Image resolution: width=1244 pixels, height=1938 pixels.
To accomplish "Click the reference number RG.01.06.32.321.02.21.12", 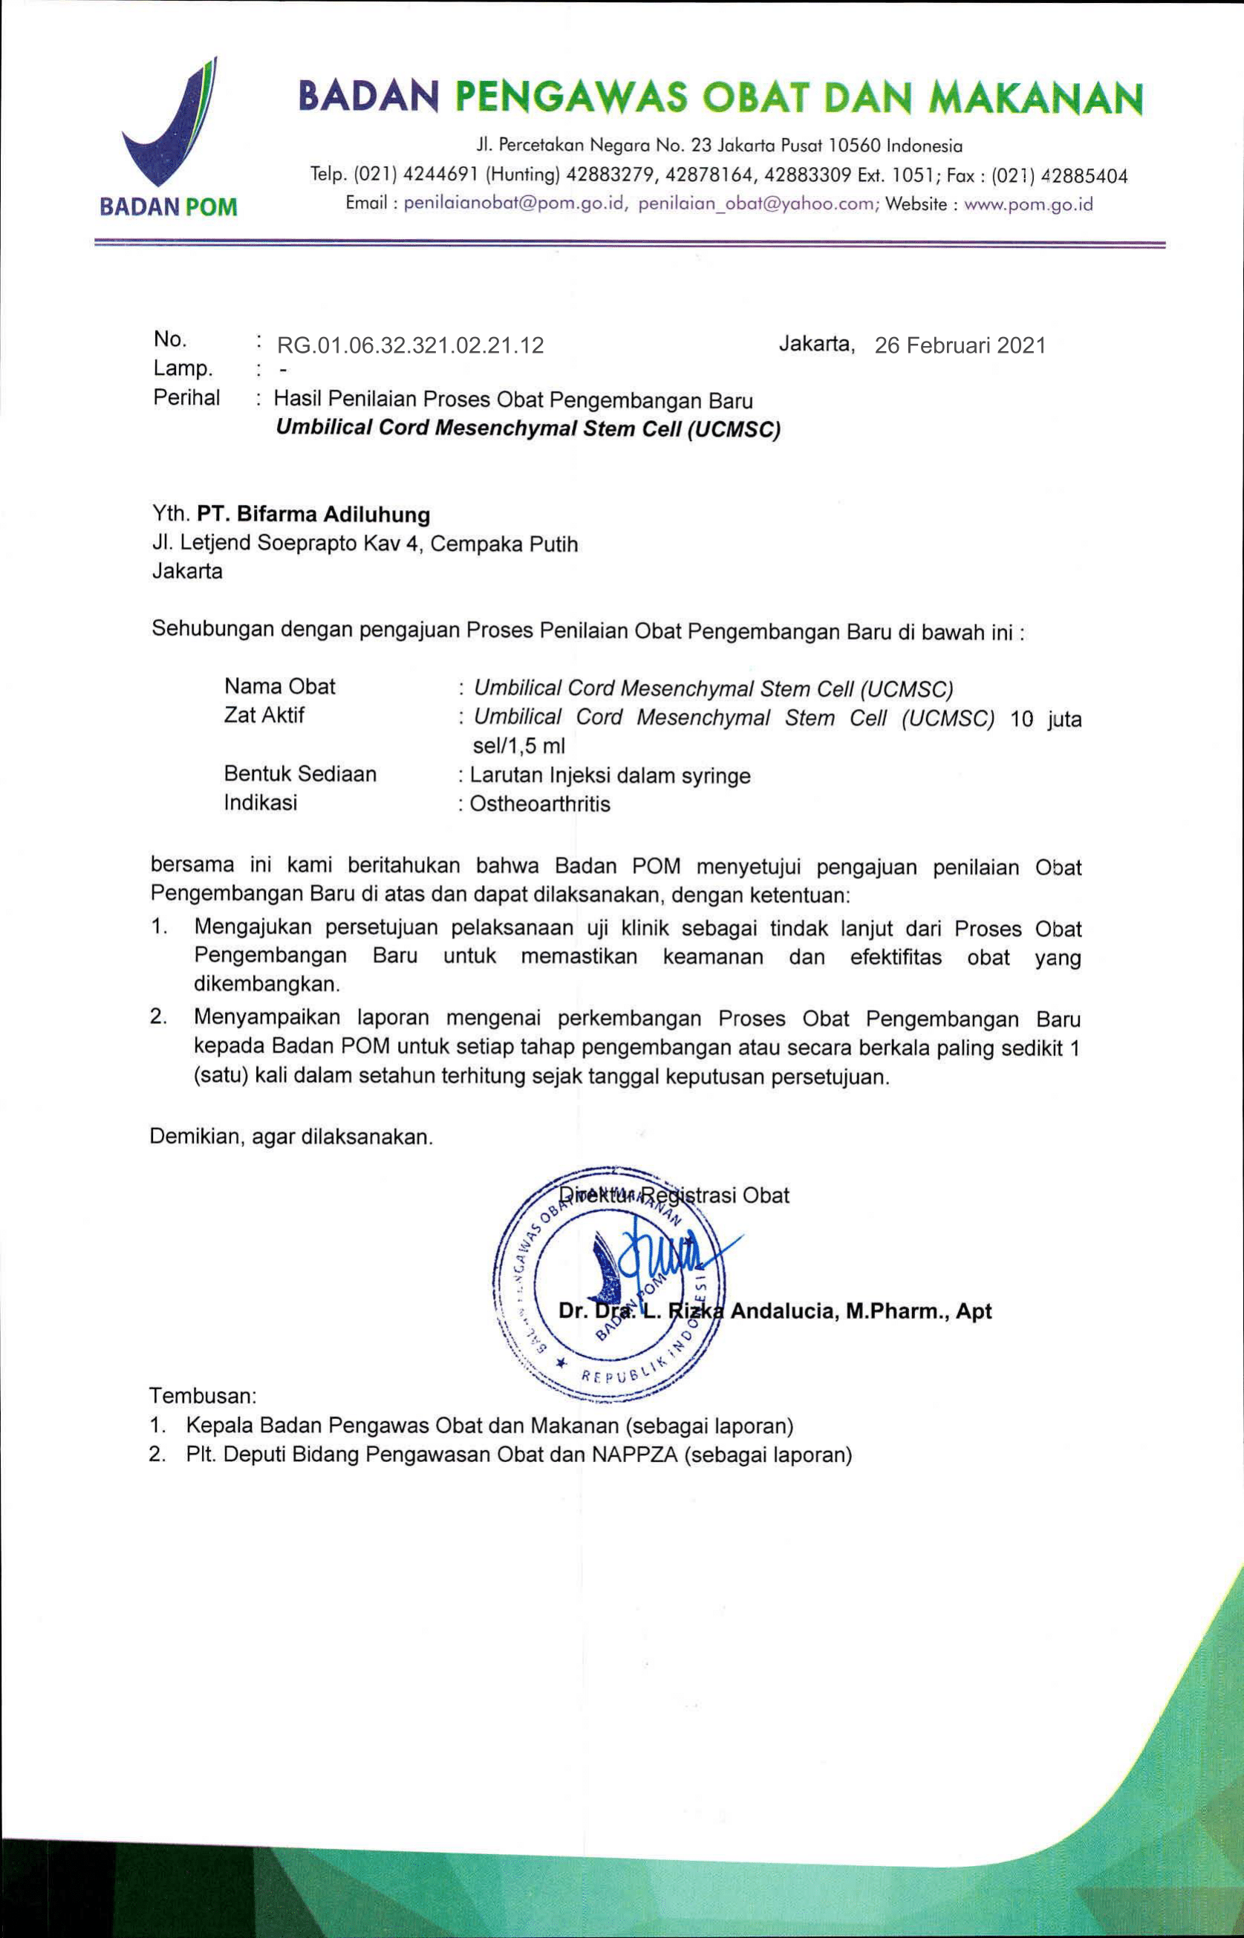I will pos(411,345).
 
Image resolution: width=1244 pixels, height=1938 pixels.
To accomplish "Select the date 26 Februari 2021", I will pos(960,345).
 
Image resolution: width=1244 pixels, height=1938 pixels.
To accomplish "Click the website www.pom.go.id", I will pos(1029,204).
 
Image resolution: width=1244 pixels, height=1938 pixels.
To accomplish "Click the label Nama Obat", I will pos(279,687).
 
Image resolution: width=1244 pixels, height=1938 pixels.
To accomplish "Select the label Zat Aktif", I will pos(264,716).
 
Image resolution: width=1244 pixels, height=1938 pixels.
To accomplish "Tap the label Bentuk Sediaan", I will pos(301,774).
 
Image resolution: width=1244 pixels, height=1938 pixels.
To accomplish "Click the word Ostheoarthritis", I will pos(540,804).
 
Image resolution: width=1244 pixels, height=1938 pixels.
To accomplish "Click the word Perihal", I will pos(186,398).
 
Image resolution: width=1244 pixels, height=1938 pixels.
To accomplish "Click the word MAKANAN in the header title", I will pos(1036,99).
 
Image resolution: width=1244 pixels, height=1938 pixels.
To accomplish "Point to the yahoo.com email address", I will pos(757,204).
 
